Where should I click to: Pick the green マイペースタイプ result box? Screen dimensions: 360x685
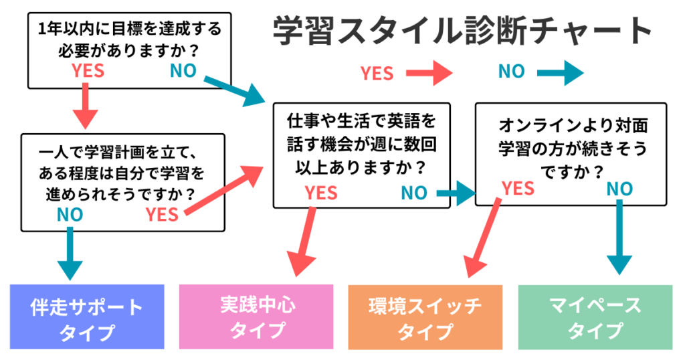(595, 318)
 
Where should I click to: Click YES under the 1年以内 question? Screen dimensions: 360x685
(88, 71)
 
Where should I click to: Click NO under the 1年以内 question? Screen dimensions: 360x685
(183, 70)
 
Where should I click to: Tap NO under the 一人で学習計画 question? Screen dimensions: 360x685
(70, 214)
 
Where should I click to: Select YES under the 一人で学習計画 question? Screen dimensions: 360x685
(162, 215)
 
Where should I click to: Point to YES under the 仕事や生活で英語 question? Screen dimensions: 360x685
(322, 193)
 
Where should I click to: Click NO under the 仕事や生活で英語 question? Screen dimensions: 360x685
(414, 193)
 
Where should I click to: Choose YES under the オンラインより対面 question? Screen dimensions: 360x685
(518, 188)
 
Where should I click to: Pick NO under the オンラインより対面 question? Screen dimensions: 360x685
(619, 189)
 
